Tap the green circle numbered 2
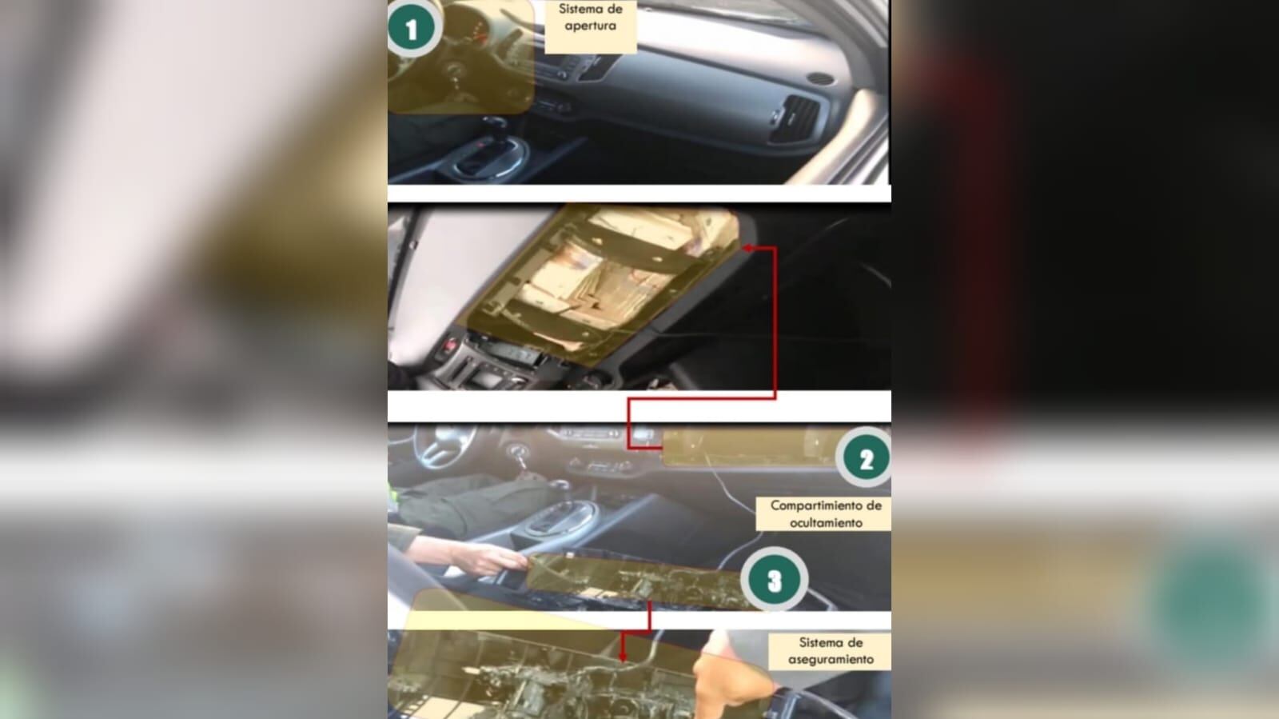point(864,457)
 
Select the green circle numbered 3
point(775,579)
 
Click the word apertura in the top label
point(591,26)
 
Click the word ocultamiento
point(826,522)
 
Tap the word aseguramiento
point(831,660)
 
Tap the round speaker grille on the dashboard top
point(820,78)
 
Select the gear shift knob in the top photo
point(495,123)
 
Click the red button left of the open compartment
point(451,345)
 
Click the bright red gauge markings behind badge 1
point(480,34)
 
